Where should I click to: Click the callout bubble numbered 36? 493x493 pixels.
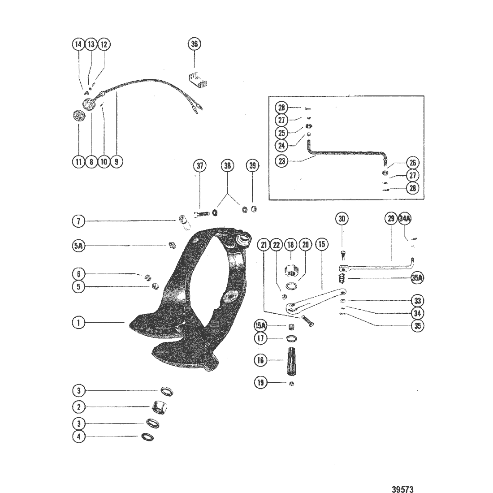click(194, 44)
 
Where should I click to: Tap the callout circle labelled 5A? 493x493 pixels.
click(78, 246)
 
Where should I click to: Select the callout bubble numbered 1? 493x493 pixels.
click(78, 322)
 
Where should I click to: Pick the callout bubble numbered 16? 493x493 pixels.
click(260, 359)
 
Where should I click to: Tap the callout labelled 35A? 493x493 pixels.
click(417, 278)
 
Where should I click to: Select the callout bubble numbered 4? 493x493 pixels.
click(78, 436)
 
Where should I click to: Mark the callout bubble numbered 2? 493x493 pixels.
click(78, 407)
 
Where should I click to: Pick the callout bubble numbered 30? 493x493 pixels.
click(342, 219)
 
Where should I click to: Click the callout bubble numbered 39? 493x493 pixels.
click(253, 165)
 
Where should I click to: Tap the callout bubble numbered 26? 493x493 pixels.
click(412, 163)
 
